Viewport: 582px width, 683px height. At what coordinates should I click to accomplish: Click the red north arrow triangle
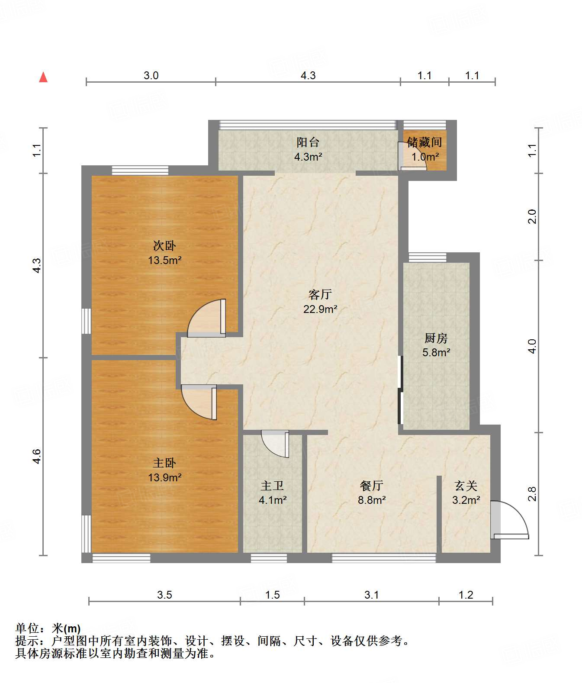(x=43, y=77)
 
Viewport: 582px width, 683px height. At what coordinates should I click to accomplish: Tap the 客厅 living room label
(x=320, y=294)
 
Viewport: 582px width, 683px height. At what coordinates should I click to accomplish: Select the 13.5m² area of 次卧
(x=165, y=261)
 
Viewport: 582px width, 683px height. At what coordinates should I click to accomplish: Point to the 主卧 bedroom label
(x=164, y=463)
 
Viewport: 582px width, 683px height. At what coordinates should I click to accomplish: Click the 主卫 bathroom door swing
(x=275, y=444)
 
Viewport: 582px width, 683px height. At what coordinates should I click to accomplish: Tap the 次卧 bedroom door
(x=206, y=318)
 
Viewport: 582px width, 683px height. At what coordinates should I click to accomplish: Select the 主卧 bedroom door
(x=199, y=402)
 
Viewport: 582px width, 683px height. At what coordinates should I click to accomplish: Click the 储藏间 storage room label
(x=424, y=142)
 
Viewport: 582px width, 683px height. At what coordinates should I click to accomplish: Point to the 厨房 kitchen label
(x=436, y=338)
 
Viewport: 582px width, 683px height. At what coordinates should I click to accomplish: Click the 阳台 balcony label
(x=308, y=142)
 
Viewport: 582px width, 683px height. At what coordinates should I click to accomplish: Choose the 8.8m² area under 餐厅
(x=372, y=500)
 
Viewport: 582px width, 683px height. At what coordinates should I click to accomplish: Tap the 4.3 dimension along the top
(x=308, y=76)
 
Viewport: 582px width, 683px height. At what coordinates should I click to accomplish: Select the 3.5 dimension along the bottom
(x=164, y=595)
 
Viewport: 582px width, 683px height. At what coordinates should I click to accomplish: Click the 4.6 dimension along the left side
(x=37, y=456)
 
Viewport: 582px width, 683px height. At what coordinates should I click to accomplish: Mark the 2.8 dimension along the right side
(x=532, y=494)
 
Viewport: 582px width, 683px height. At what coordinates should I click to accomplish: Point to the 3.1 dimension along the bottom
(x=372, y=595)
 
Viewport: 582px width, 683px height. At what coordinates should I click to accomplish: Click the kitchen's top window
(x=428, y=258)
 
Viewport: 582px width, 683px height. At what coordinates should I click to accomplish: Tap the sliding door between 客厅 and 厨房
(x=400, y=390)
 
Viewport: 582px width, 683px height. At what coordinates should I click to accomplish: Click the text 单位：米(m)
(x=48, y=628)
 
